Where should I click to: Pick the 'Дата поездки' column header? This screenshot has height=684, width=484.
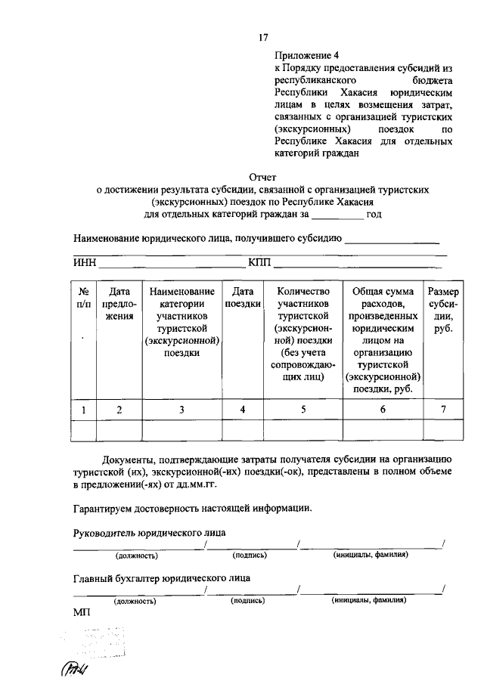242,298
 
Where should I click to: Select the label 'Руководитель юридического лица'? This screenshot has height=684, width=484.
149,532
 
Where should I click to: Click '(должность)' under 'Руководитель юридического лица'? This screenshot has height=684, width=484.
136,556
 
